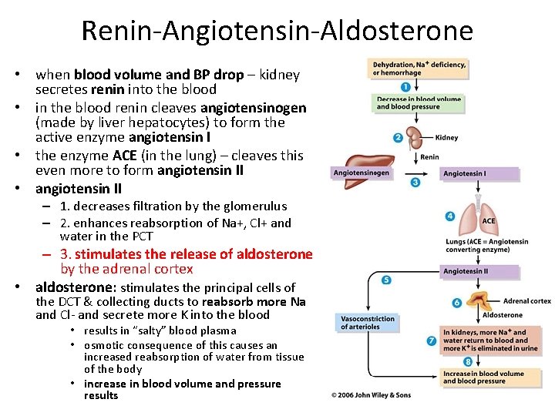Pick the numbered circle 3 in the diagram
(415, 183)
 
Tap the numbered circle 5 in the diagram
(386, 279)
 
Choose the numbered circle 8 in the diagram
(446, 361)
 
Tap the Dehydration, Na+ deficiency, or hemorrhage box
(419, 69)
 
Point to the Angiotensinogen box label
(362, 173)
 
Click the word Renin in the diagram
(429, 156)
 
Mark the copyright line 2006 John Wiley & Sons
(372, 395)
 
